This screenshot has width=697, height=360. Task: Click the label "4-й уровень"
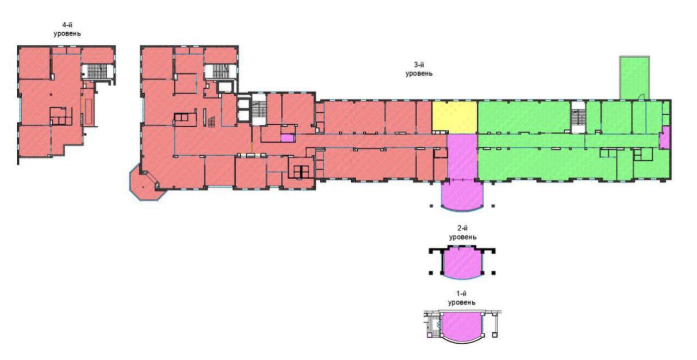pos(67,29)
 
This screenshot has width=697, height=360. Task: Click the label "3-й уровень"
pos(419,69)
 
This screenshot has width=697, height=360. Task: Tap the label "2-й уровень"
pos(462,233)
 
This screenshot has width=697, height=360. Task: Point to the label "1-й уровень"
pos(461,298)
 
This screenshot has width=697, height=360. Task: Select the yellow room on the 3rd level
pos(455,117)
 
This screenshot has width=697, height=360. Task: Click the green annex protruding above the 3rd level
pos(634,78)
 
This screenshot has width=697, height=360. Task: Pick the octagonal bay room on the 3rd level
pos(145,186)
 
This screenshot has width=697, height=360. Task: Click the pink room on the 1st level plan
pos(461,327)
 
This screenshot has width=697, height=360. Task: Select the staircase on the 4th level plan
pos(97,71)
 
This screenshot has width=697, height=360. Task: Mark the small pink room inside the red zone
pos(288,138)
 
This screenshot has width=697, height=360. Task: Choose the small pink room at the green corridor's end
pos(665,138)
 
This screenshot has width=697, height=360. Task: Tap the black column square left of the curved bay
pos(431,206)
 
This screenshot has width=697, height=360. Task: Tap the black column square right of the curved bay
pos(493,206)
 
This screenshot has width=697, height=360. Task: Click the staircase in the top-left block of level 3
pos(221,71)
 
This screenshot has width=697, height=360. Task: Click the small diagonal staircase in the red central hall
pos(212,123)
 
